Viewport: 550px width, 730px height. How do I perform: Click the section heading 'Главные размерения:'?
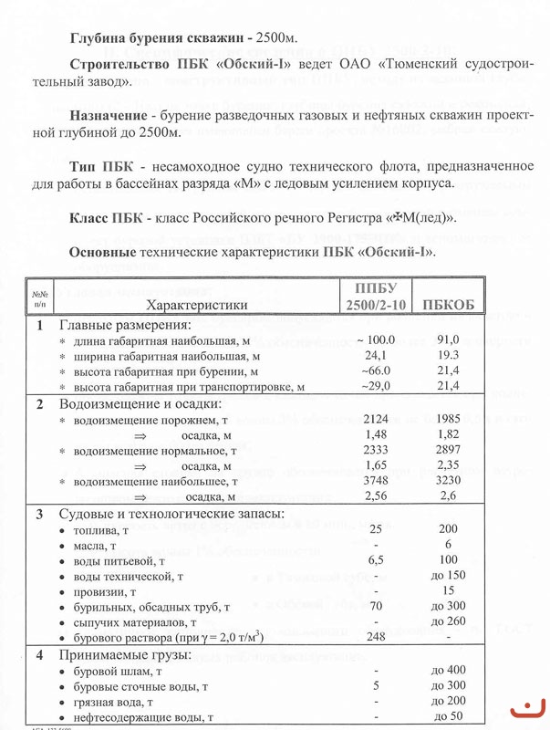point(125,325)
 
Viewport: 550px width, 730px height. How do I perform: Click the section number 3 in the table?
point(38,514)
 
